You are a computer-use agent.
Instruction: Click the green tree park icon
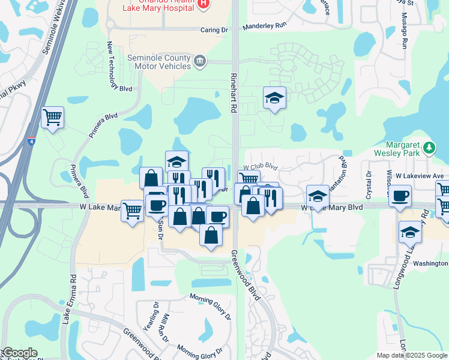click(x=429, y=147)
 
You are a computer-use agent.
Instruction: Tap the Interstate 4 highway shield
click(x=31, y=141)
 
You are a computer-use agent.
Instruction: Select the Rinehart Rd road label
click(x=233, y=93)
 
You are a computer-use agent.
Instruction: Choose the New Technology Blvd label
click(x=118, y=66)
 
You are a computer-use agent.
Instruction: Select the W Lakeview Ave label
click(x=423, y=176)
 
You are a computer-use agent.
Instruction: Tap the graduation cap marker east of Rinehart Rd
click(x=274, y=98)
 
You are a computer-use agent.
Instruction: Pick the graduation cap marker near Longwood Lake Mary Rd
click(x=410, y=232)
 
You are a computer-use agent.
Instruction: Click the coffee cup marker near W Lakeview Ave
click(x=400, y=196)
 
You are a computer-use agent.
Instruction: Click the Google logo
click(x=19, y=353)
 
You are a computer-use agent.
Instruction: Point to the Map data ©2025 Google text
click(x=412, y=355)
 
